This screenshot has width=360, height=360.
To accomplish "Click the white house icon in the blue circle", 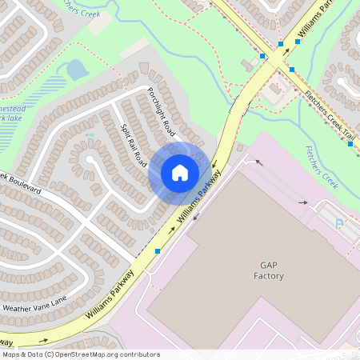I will click(180, 172).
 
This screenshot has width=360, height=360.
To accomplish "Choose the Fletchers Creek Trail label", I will click(329, 118).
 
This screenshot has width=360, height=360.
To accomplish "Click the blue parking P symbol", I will click(339, 224).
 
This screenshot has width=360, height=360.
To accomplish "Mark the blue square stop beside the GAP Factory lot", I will click(158, 251).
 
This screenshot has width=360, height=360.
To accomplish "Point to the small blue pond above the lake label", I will click(77, 70).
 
